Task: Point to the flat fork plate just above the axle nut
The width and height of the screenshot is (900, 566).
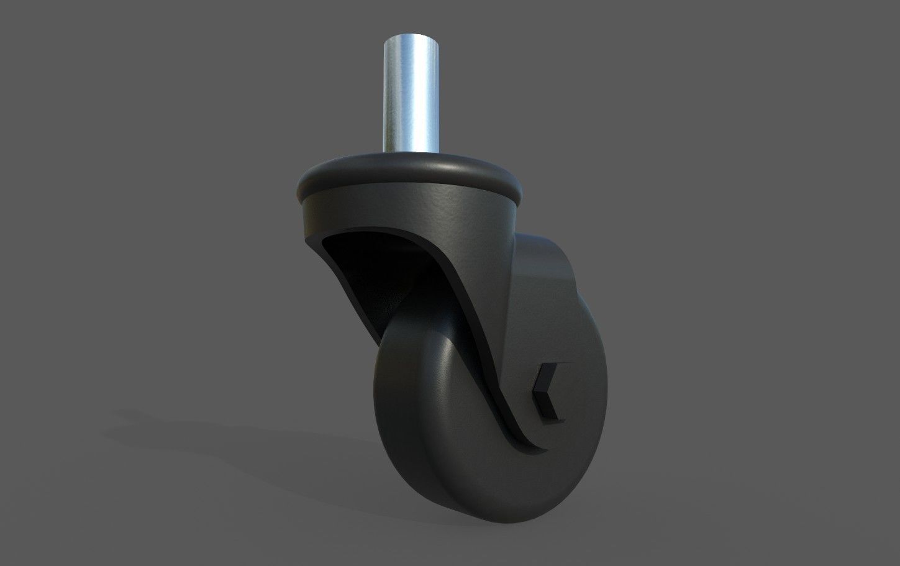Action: (x=540, y=335)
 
